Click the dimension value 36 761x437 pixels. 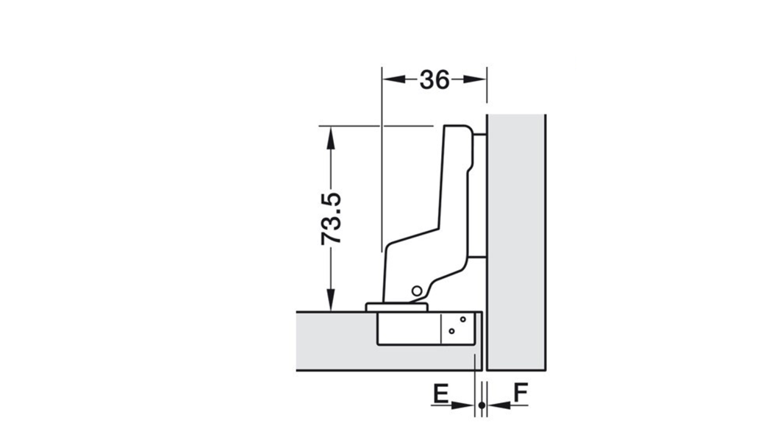point(435,79)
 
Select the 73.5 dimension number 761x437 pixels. point(332,218)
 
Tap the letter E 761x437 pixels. point(440,394)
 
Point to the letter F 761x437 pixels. point(521,394)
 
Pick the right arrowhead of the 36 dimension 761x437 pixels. point(475,79)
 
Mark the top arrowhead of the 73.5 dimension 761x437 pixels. point(331,138)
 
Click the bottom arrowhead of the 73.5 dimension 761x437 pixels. point(331,299)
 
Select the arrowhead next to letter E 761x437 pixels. point(462,405)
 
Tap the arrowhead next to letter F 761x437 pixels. point(499,405)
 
